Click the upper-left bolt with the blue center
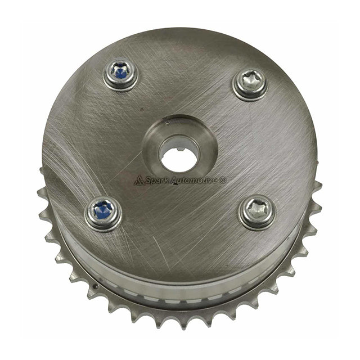pyautogui.click(x=120, y=74)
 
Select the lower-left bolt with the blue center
pyautogui.click(x=103, y=212)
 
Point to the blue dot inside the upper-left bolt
pyautogui.click(x=120, y=73)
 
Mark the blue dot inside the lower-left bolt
pyautogui.click(x=103, y=211)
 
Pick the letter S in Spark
pyautogui.click(x=148, y=180)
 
